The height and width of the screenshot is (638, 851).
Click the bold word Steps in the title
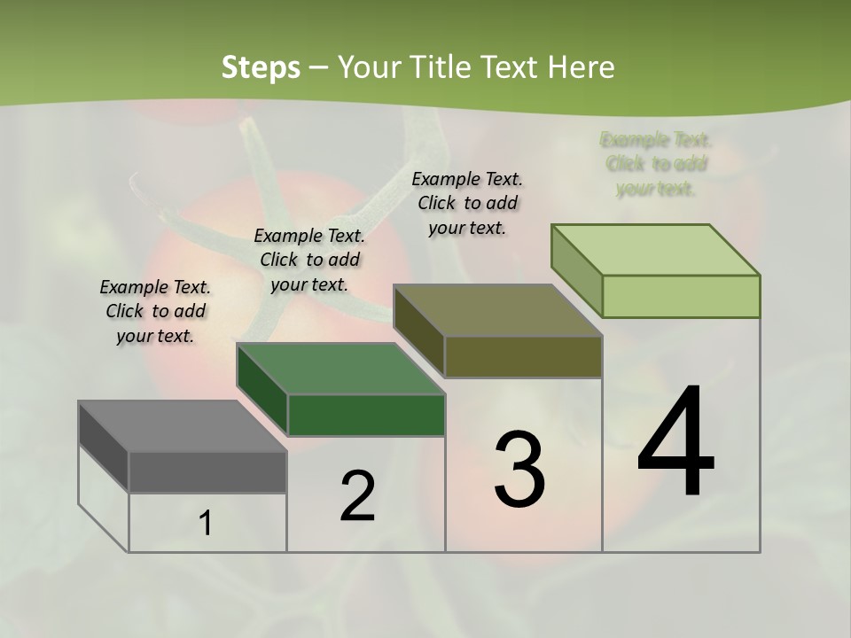point(260,67)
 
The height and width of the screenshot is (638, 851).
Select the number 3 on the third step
point(519,470)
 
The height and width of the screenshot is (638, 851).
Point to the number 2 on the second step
point(357,496)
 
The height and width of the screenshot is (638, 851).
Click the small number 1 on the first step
point(206,524)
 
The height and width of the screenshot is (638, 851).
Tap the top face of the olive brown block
point(497,310)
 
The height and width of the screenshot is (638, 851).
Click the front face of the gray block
point(207,472)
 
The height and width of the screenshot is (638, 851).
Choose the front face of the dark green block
point(366,415)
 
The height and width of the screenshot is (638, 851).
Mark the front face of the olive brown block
point(523,356)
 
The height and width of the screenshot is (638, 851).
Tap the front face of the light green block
point(681,296)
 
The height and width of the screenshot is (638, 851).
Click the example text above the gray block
point(155,311)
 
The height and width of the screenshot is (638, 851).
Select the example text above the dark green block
point(309,260)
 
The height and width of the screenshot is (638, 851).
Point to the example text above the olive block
point(467,203)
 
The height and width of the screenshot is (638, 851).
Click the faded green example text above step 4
point(656,164)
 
